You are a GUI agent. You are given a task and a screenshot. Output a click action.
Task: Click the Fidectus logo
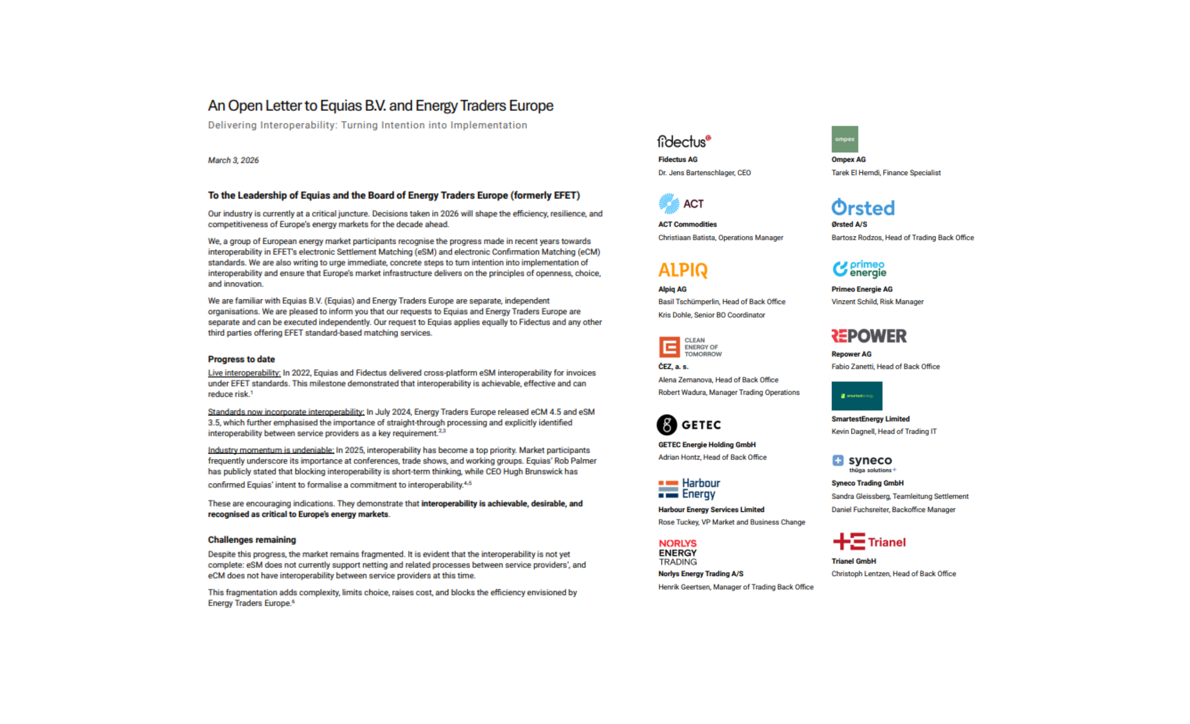(x=684, y=141)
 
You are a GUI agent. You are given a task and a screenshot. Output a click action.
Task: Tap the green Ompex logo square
(x=845, y=139)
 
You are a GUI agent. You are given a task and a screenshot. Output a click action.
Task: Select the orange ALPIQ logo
(x=683, y=270)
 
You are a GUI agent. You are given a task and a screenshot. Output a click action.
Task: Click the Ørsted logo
(x=863, y=207)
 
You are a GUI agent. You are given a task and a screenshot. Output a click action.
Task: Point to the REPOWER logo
(x=869, y=336)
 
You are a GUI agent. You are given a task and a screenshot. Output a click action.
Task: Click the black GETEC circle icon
(x=667, y=425)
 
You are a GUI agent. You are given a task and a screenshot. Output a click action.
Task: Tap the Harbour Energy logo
(x=689, y=489)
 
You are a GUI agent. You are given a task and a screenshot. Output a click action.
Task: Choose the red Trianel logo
(x=869, y=541)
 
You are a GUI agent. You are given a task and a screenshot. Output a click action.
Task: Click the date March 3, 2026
(x=233, y=160)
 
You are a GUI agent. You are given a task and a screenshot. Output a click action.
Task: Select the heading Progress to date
(x=242, y=359)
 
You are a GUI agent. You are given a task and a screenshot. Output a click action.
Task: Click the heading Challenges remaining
(x=252, y=539)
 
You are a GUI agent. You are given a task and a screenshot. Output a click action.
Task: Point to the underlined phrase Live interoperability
(x=244, y=372)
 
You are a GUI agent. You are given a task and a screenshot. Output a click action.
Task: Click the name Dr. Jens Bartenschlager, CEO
(x=704, y=173)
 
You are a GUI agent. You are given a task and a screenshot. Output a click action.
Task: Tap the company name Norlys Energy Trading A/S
(x=700, y=574)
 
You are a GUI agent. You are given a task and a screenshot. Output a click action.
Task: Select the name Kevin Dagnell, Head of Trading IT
(x=884, y=431)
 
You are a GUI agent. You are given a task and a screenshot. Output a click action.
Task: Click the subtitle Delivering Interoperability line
(x=367, y=125)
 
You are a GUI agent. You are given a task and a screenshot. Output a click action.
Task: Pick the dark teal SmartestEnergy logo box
(x=857, y=396)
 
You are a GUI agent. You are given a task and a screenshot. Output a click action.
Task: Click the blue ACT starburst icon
(x=669, y=204)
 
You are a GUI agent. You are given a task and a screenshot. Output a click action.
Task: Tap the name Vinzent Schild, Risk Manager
(x=877, y=302)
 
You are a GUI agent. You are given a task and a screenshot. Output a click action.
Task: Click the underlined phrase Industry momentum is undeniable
(x=271, y=450)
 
